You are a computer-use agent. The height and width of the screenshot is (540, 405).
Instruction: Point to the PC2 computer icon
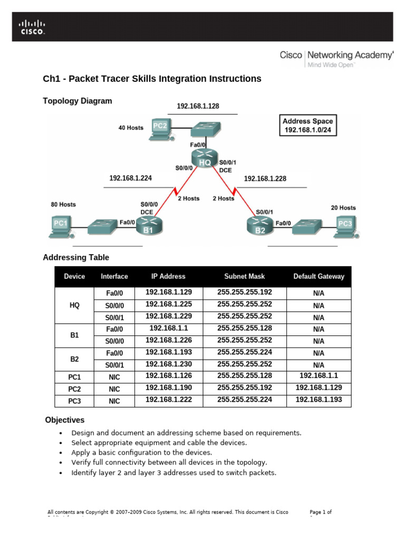pos(160,128)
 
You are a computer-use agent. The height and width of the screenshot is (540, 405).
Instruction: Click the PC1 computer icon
pos(61,225)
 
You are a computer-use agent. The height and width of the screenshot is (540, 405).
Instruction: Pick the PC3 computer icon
pos(346,225)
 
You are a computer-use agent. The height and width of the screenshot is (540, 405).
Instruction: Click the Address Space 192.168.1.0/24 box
pos(307,125)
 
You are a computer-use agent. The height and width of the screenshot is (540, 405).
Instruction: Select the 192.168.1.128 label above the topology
pos(198,106)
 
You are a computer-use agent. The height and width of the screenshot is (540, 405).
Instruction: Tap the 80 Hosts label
pos(63,204)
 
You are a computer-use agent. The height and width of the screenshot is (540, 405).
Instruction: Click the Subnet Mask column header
pos(244,276)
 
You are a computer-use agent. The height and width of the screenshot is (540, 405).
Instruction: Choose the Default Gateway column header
pos(319,276)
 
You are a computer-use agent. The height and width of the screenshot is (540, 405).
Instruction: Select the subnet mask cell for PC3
pos(244,400)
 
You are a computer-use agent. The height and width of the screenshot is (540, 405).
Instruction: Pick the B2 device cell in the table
pos(74,359)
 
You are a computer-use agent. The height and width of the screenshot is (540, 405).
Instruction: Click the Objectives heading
pos(65,420)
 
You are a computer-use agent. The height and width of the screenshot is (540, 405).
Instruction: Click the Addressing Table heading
pos(76,257)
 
